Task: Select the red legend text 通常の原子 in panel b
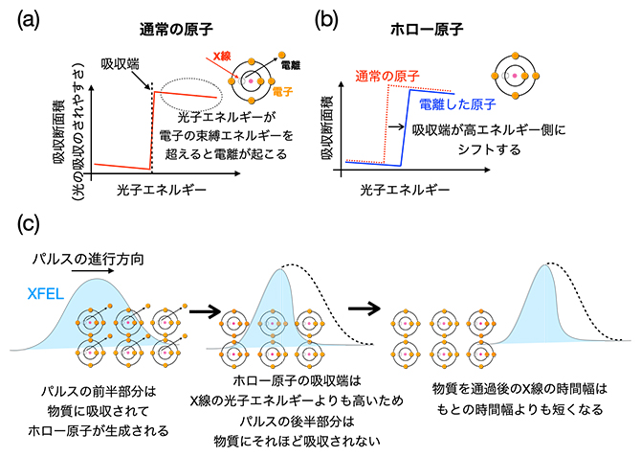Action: tap(387, 75)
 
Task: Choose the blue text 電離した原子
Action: tap(462, 103)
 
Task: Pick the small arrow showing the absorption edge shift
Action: tap(392, 126)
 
